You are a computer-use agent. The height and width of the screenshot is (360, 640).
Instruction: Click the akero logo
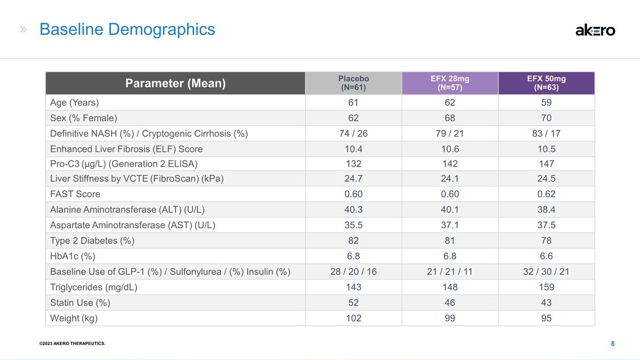coord(595,30)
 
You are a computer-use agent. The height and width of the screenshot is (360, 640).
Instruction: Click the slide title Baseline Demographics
coord(127,29)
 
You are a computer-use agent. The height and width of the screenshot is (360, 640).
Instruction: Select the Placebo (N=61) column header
coord(354,83)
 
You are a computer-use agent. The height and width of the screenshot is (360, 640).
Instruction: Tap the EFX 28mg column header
coord(450,83)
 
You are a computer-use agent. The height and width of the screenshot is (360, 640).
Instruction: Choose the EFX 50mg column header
coord(546,83)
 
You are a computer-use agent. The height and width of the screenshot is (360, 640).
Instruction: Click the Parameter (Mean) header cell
coord(175,83)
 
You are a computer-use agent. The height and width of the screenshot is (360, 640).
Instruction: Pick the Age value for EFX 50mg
coord(546,102)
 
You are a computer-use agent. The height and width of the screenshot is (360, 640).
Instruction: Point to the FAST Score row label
coord(75,194)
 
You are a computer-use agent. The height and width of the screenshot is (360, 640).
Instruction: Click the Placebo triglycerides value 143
coord(354,287)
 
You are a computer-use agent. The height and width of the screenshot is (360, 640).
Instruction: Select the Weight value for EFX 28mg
coord(450,318)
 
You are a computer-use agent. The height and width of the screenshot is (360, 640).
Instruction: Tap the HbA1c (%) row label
coord(73,256)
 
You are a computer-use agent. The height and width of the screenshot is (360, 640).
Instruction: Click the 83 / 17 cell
coord(546,133)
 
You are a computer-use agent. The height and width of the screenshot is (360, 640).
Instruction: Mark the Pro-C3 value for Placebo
coord(354,164)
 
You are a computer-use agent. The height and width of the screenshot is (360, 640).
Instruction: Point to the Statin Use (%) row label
coord(80,302)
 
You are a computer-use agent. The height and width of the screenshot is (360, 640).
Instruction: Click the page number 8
coord(613,343)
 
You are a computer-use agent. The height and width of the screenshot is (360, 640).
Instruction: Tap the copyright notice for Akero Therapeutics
coord(73,343)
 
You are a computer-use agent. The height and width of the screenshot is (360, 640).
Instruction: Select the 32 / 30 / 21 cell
coord(546,271)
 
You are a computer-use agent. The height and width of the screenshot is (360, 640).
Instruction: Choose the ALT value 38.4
coord(546,210)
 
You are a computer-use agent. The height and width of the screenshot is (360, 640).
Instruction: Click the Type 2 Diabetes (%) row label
coord(92,241)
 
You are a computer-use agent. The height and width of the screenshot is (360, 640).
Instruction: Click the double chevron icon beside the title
coord(23,29)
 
